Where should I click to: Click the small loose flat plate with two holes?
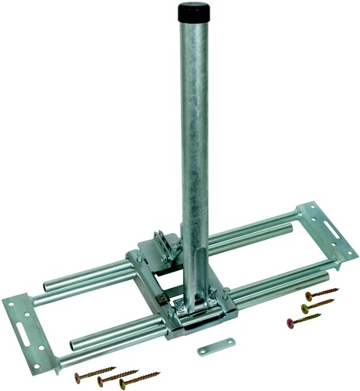point(214,348)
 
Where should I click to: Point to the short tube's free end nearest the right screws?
point(328,275)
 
